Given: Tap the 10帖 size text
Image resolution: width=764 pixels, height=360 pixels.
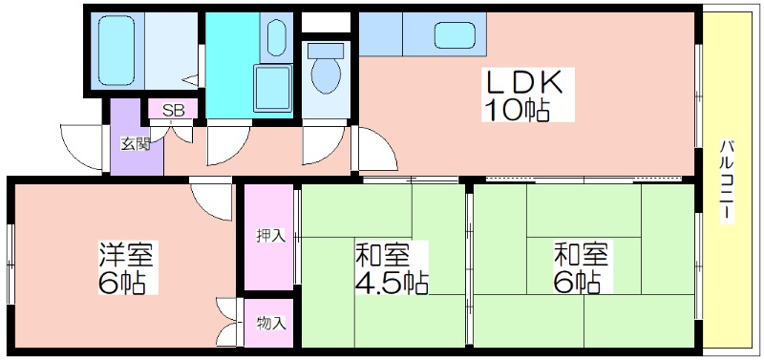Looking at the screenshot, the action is click(517, 110).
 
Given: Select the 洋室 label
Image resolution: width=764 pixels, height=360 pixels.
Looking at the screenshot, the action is click(127, 255).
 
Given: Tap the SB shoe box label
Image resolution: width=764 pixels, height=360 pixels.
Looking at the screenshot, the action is click(174, 110).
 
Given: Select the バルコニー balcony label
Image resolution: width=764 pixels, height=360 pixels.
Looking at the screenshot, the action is click(727, 180).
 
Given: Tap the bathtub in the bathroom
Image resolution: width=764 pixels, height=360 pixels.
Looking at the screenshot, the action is click(116, 51).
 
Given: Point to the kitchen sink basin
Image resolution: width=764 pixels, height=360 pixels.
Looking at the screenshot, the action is click(455, 35).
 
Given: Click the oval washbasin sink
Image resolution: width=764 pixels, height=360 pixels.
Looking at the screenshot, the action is click(276, 37).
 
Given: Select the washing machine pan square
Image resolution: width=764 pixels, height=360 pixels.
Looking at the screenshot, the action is click(272, 88).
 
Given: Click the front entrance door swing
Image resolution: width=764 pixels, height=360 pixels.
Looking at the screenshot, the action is click(82, 147).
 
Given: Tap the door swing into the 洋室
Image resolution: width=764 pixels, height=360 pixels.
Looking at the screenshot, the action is click(210, 201).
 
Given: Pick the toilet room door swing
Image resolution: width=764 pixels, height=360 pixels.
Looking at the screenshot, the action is click(324, 145).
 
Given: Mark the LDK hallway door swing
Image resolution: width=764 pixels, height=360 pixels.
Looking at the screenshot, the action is click(375, 148).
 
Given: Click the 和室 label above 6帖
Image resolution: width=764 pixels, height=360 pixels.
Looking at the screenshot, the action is click(581, 254).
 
